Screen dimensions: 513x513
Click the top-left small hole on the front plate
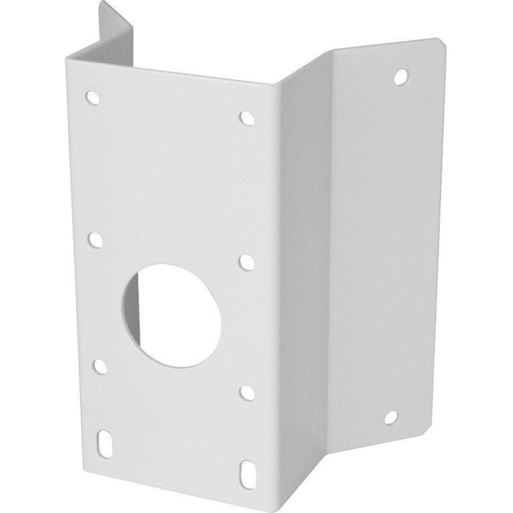pos(93,98)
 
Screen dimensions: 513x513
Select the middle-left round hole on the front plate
pos(96,240)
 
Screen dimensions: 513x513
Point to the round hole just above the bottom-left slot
pos(100,366)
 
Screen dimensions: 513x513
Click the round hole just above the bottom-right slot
pos(246,390)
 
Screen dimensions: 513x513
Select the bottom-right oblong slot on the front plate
pos(246,470)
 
